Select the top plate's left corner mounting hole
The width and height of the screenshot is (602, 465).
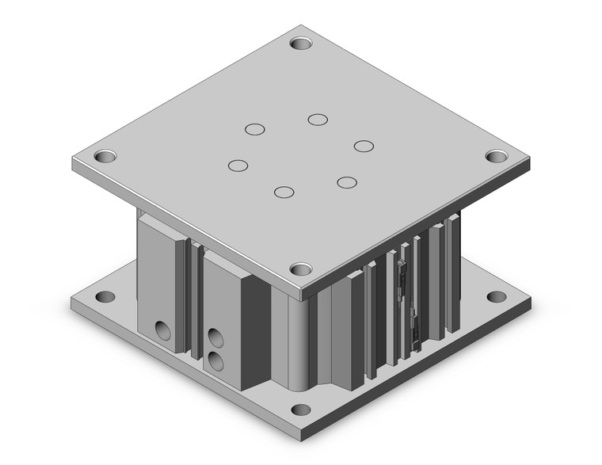point(104,155)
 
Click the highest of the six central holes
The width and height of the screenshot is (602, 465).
point(318,120)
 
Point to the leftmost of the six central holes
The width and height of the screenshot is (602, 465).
point(237,166)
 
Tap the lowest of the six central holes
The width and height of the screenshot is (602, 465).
point(283,191)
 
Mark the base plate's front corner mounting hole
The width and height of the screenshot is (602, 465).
point(300,410)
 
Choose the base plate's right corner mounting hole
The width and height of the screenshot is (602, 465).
point(497,297)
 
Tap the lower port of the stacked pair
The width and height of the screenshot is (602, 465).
point(215,361)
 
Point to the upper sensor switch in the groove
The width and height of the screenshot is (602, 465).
point(403,273)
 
